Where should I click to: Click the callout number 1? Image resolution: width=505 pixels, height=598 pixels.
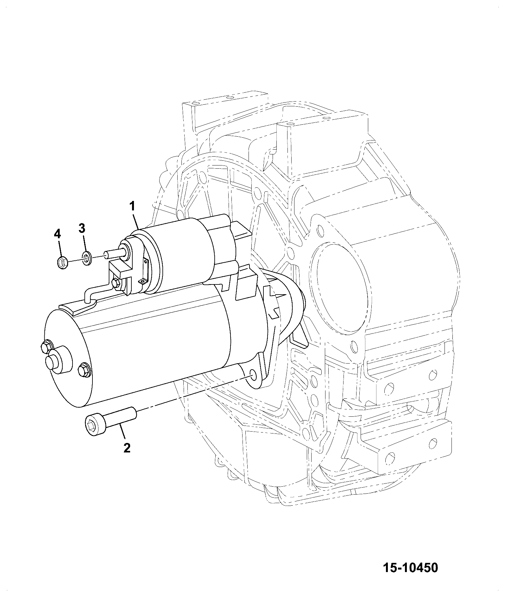(x=132, y=207)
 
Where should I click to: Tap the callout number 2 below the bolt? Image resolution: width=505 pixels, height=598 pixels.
(x=127, y=448)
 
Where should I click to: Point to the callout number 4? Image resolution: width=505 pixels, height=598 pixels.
(x=57, y=234)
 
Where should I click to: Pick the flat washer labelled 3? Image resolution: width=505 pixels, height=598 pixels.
(x=86, y=258)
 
